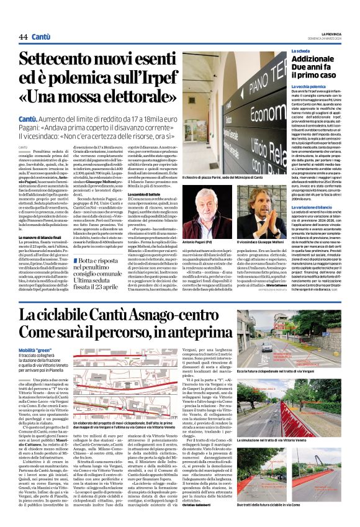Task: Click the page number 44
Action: coord(23,37)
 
